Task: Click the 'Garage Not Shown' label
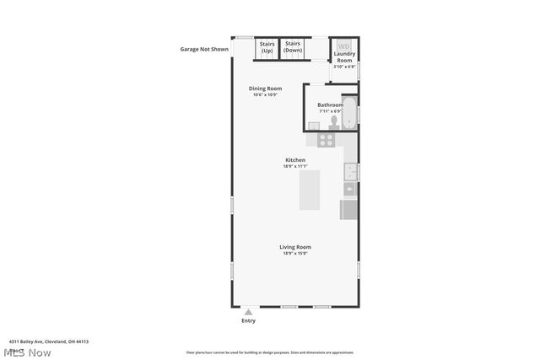pyautogui.click(x=204, y=49)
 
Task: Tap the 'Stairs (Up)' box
pyautogui.click(x=267, y=47)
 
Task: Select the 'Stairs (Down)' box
pyautogui.click(x=293, y=47)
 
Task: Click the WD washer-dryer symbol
pyautogui.click(x=343, y=46)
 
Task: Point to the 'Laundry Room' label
pyautogui.click(x=343, y=57)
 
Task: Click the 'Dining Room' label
pyautogui.click(x=265, y=88)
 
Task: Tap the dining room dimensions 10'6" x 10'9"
pyautogui.click(x=265, y=94)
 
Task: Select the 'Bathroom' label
pyautogui.click(x=330, y=105)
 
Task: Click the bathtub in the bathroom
pyautogui.click(x=350, y=112)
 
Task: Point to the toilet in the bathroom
pyautogui.click(x=334, y=121)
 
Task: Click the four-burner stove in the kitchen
pyautogui.click(x=326, y=140)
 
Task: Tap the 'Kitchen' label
pyautogui.click(x=295, y=159)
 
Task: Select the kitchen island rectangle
pyautogui.click(x=310, y=191)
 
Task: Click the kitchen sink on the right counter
pyautogui.click(x=349, y=172)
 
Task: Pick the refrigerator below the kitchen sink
pyautogui.click(x=348, y=209)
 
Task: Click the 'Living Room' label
pyautogui.click(x=295, y=247)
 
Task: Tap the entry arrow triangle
pyautogui.click(x=248, y=311)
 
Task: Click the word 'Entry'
pyautogui.click(x=248, y=321)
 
